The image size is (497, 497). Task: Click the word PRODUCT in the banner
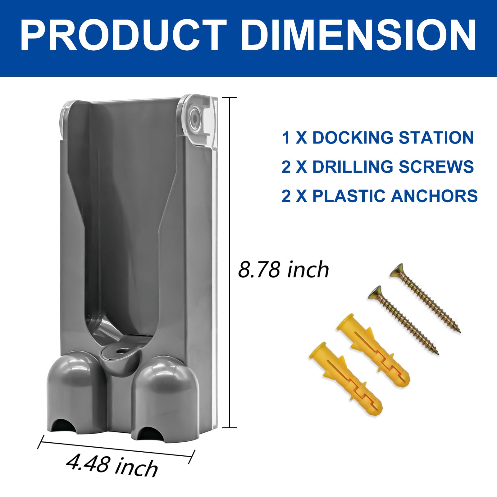[124, 35]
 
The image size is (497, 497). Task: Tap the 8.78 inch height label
[283, 269]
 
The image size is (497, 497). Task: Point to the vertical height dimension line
[230, 262]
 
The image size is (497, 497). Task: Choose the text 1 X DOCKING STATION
[377, 138]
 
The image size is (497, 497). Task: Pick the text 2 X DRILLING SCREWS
[377, 167]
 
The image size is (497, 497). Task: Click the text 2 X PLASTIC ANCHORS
[379, 196]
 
